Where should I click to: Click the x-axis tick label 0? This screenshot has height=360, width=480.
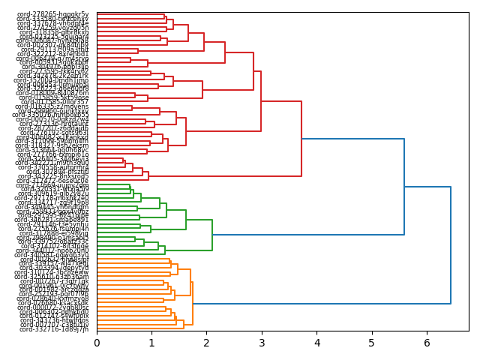[97, 343]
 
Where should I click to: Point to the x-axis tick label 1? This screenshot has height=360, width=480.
[151, 343]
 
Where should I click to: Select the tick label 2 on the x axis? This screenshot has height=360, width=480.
[207, 343]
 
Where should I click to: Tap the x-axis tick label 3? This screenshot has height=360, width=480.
[262, 343]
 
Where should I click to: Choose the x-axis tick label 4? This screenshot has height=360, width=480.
[316, 343]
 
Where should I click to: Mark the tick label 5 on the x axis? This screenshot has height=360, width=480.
[372, 343]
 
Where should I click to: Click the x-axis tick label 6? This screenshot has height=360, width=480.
[427, 343]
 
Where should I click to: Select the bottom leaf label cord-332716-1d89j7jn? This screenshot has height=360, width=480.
[54, 329]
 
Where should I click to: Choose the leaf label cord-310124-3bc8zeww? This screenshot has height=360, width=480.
[54, 272]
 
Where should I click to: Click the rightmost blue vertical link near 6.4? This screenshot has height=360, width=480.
[451, 245]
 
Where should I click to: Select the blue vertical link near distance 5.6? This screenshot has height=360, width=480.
[404, 187]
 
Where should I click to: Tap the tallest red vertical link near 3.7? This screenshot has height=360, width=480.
[301, 139]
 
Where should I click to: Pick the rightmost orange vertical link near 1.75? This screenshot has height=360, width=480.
[193, 303]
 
